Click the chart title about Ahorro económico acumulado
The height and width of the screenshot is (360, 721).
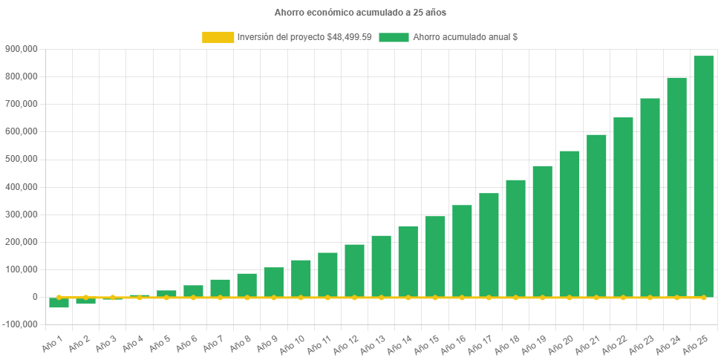[360, 13]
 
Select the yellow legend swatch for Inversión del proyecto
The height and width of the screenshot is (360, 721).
[218, 37]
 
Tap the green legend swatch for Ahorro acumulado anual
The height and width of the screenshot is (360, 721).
[394, 37]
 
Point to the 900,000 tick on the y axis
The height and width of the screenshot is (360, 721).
[21, 49]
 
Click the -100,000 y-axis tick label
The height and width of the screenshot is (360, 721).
[19, 324]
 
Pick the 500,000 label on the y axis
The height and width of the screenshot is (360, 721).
[21, 159]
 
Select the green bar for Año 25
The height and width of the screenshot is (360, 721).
[703, 177]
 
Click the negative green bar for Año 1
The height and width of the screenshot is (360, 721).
[59, 302]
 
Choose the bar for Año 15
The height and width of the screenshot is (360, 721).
[435, 257]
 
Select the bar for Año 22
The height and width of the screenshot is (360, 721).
[623, 207]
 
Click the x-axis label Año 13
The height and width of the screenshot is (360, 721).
[373, 344]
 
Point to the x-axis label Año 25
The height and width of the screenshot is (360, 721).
[695, 344]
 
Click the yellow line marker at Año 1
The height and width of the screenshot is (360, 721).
[59, 297]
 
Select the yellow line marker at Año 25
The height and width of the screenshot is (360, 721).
[703, 297]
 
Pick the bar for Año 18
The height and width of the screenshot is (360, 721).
[515, 238]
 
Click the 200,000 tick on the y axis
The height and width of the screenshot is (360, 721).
[21, 242]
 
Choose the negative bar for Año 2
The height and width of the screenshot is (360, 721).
[85, 301]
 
